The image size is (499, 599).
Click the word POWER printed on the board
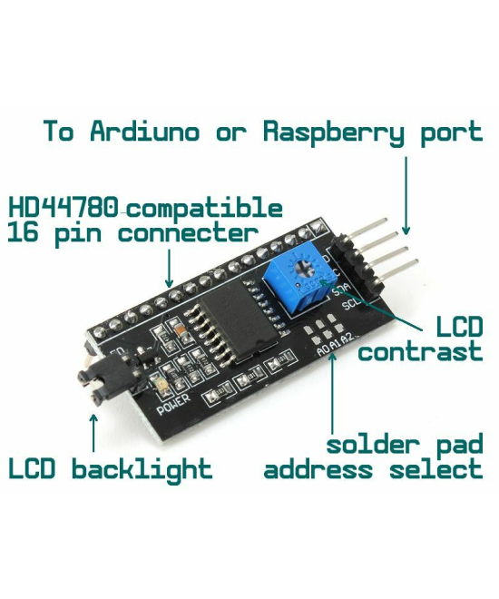tap(173, 406)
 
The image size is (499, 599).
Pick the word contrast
tap(419, 352)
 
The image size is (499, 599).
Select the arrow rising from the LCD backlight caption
tap(93, 434)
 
